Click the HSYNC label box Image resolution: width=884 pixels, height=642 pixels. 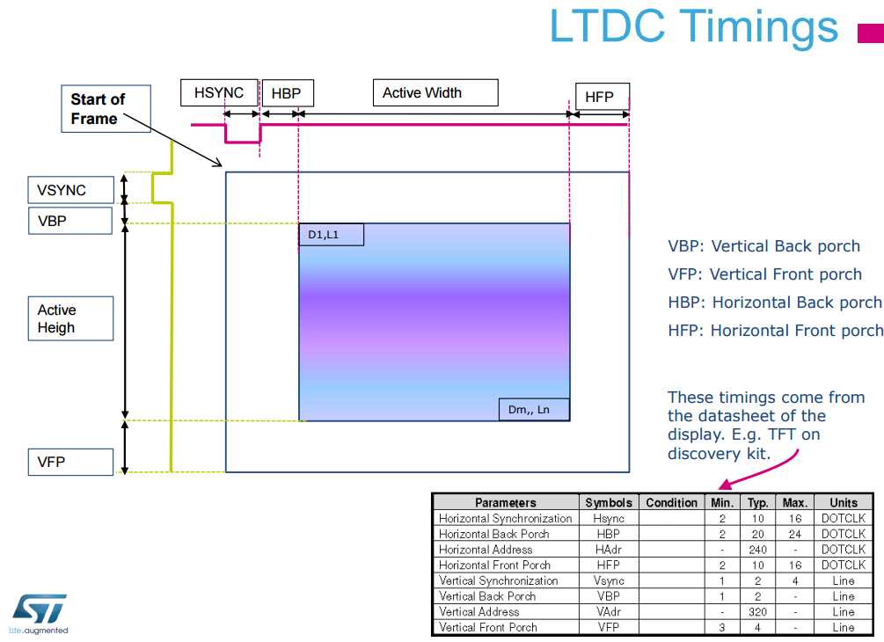pyautogui.click(x=219, y=92)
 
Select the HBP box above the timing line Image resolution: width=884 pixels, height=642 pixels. pyautogui.click(x=287, y=93)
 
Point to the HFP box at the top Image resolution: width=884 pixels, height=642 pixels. pyautogui.click(x=602, y=97)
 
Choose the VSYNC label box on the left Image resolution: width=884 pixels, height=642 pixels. pyautogui.click(x=69, y=190)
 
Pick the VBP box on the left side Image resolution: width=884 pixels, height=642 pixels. pyautogui.click(x=69, y=221)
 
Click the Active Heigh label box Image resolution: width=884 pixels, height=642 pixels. pyautogui.click(x=69, y=318)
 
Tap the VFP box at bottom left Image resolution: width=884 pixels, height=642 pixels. pyautogui.click(x=69, y=462)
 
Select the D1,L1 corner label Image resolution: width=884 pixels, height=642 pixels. pyautogui.click(x=331, y=235)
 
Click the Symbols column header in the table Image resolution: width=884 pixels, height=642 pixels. pyautogui.click(x=608, y=502)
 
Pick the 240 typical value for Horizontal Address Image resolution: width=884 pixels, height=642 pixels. pyautogui.click(x=757, y=550)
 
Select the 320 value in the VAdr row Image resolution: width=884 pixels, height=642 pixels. pyautogui.click(x=757, y=612)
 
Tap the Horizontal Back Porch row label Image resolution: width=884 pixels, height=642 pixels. pyautogui.click(x=493, y=534)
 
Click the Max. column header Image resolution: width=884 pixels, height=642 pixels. pyautogui.click(x=794, y=502)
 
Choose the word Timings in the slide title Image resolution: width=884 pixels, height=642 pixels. pyautogui.click(x=758, y=26)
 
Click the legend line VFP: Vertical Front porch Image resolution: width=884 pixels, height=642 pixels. pyautogui.click(x=764, y=274)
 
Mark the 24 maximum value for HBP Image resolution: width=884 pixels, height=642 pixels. pyautogui.click(x=794, y=534)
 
